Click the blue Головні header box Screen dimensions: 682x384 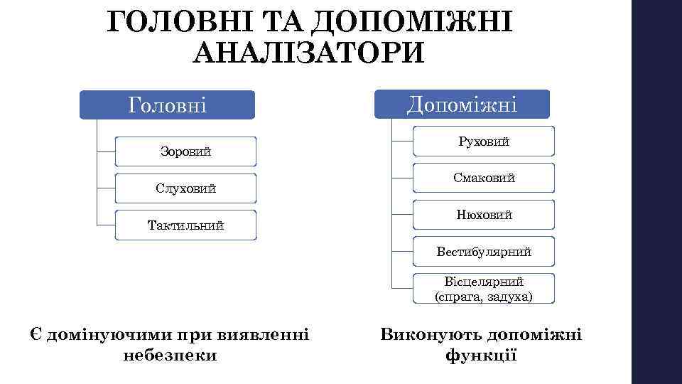(x=167, y=105)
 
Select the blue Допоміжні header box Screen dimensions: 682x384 (x=462, y=104)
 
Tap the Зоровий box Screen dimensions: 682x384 (x=185, y=151)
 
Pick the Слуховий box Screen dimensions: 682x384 (x=185, y=188)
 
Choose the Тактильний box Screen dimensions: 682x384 (x=185, y=225)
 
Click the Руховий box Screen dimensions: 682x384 (x=484, y=142)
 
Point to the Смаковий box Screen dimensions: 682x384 (x=484, y=178)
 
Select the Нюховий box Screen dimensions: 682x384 (x=484, y=214)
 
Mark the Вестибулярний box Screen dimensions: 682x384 (x=484, y=251)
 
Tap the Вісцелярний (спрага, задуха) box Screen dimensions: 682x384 (x=484, y=289)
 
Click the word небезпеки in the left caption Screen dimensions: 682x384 (x=170, y=354)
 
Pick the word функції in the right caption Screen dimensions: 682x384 (x=481, y=354)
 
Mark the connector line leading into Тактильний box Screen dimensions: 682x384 (x=105, y=225)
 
